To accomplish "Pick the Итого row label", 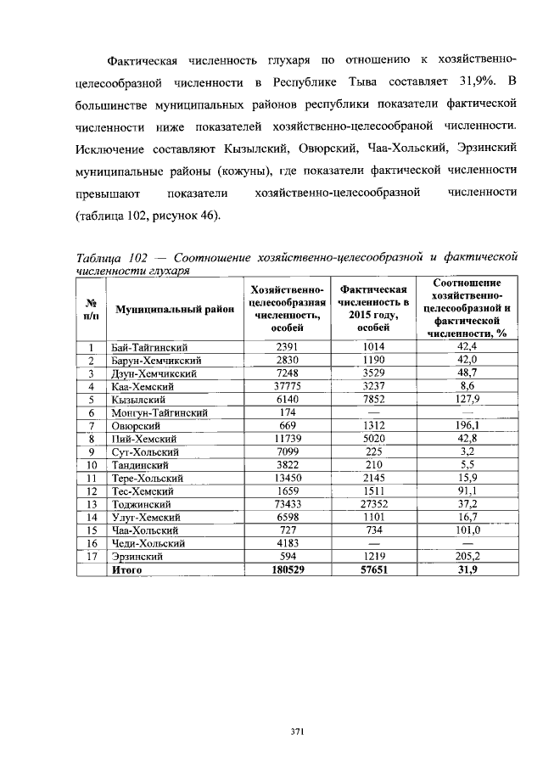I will point(126,570).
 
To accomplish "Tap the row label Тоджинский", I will point(141,504).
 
